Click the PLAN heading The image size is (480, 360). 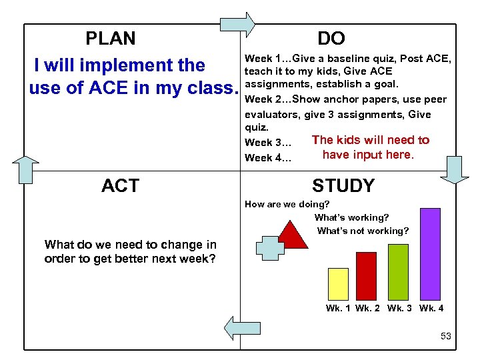pyautogui.click(x=111, y=39)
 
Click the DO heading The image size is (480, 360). pyautogui.click(x=331, y=39)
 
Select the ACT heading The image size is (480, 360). pyautogui.click(x=120, y=185)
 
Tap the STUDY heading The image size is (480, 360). pyautogui.click(x=343, y=185)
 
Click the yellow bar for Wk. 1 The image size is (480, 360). pyautogui.click(x=339, y=283)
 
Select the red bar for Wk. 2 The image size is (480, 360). pyautogui.click(x=367, y=275)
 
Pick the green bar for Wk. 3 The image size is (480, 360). pyautogui.click(x=398, y=271)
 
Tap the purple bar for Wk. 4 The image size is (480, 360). pyautogui.click(x=430, y=254)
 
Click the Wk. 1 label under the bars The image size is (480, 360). pyautogui.click(x=338, y=308)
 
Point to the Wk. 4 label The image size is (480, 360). pyautogui.click(x=431, y=308)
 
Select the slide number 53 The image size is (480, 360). pyautogui.click(x=446, y=336)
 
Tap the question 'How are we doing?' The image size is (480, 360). pyautogui.click(x=287, y=205)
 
